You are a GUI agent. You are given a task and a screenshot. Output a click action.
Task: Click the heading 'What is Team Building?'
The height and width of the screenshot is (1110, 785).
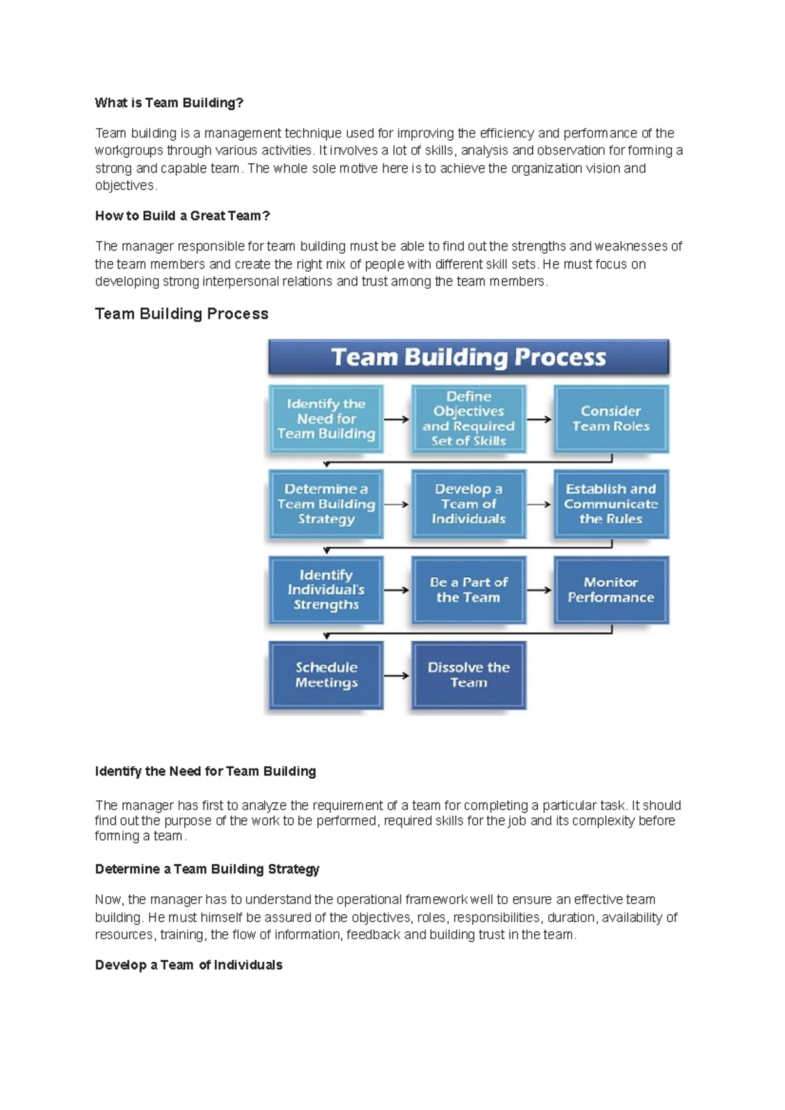[x=169, y=103]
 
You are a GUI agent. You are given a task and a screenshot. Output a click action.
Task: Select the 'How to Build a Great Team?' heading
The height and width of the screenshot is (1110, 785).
[x=182, y=216]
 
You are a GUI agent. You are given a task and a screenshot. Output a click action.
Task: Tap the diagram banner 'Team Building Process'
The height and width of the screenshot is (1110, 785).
[x=468, y=357]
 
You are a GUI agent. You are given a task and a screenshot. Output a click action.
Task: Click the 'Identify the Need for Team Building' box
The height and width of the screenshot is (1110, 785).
[x=326, y=419]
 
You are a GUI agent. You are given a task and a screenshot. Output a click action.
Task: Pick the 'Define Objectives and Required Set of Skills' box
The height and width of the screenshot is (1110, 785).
[x=468, y=419]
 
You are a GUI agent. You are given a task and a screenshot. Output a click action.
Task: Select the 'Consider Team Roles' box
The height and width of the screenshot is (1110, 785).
[x=611, y=419]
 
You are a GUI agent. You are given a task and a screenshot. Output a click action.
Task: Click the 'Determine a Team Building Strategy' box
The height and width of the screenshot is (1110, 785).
[x=326, y=504]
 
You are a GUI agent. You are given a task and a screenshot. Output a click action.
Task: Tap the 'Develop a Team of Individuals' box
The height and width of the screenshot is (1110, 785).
[x=468, y=504]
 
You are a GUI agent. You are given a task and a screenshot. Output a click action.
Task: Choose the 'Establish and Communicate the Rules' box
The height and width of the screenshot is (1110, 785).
[x=611, y=504]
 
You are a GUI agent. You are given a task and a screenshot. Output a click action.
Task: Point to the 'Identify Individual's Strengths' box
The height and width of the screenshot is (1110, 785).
[x=326, y=590]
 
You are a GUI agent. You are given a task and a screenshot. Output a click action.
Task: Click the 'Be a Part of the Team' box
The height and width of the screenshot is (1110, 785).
[x=468, y=590]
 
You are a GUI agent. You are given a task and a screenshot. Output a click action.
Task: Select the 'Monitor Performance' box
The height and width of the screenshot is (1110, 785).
[x=611, y=590]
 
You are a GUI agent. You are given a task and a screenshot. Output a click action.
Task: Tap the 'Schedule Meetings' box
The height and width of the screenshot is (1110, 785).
[x=326, y=675]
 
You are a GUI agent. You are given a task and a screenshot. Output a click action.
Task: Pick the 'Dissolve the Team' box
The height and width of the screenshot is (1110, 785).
[x=468, y=675]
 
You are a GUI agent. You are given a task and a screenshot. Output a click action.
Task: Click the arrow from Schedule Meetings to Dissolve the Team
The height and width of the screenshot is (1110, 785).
[x=396, y=675]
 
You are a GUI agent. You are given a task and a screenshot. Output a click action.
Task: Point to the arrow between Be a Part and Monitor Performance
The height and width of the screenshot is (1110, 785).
[x=539, y=590]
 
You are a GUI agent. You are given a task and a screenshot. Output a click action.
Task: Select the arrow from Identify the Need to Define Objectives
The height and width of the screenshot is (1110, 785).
[x=396, y=419]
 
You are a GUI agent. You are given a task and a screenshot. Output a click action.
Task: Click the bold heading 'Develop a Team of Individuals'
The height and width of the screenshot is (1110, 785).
[x=188, y=965]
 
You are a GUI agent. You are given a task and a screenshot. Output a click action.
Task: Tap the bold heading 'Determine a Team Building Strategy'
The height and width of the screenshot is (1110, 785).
[x=207, y=869]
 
